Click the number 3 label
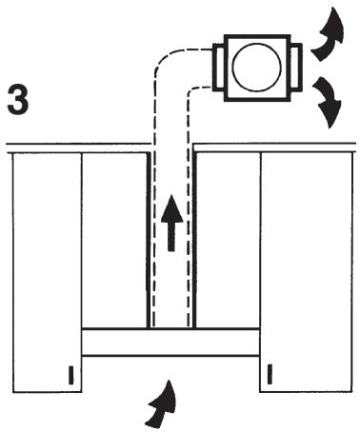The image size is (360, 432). click(x=18, y=99)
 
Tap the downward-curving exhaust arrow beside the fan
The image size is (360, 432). click(x=328, y=102)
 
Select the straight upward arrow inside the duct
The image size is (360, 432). click(x=171, y=223)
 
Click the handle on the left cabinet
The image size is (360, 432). click(x=71, y=375)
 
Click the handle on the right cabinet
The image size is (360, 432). click(x=270, y=375)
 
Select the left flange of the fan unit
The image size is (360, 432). click(x=218, y=68)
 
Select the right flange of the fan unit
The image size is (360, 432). click(x=296, y=68)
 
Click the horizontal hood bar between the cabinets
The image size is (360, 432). click(x=170, y=342)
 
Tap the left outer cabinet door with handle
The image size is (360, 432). click(x=47, y=273)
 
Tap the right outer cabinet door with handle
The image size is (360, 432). click(x=307, y=272)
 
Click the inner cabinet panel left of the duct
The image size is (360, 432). click(x=115, y=240)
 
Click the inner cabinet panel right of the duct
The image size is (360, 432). click(x=227, y=240)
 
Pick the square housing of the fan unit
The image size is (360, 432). click(x=257, y=68)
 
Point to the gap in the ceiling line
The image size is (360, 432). click(x=171, y=145)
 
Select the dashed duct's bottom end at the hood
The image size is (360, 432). click(x=171, y=326)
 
